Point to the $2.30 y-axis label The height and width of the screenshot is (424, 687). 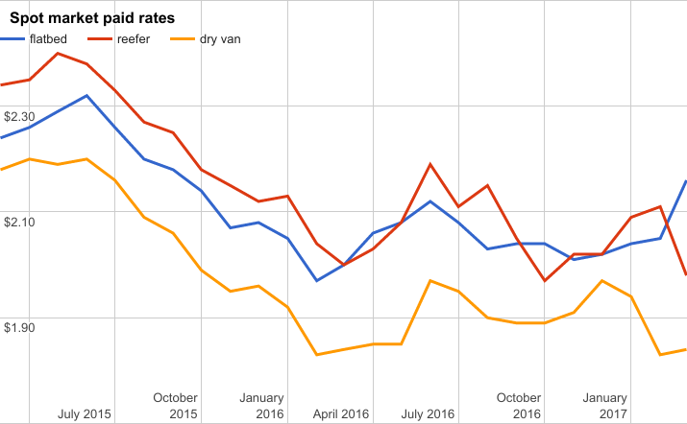pos(19,116)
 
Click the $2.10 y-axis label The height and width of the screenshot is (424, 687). pos(19,222)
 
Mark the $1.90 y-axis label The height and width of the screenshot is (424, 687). pos(19,327)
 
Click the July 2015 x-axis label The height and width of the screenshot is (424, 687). pos(85,414)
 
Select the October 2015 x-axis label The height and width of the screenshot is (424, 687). pos(175,406)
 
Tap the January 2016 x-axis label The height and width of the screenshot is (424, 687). pos(261,406)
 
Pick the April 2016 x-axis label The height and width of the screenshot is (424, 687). pos(341,414)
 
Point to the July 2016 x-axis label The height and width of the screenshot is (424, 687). pos(428,414)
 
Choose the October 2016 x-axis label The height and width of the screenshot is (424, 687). pos(519,406)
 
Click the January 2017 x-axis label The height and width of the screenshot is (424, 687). pos(605,406)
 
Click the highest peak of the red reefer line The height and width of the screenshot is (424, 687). pos(59,53)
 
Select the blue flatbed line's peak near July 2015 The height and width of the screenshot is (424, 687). pos(87,96)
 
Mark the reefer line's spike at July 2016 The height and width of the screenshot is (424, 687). pos(429,164)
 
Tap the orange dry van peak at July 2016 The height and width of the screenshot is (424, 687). pos(429,280)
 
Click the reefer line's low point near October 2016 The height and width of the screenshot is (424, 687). pos(545,281)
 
